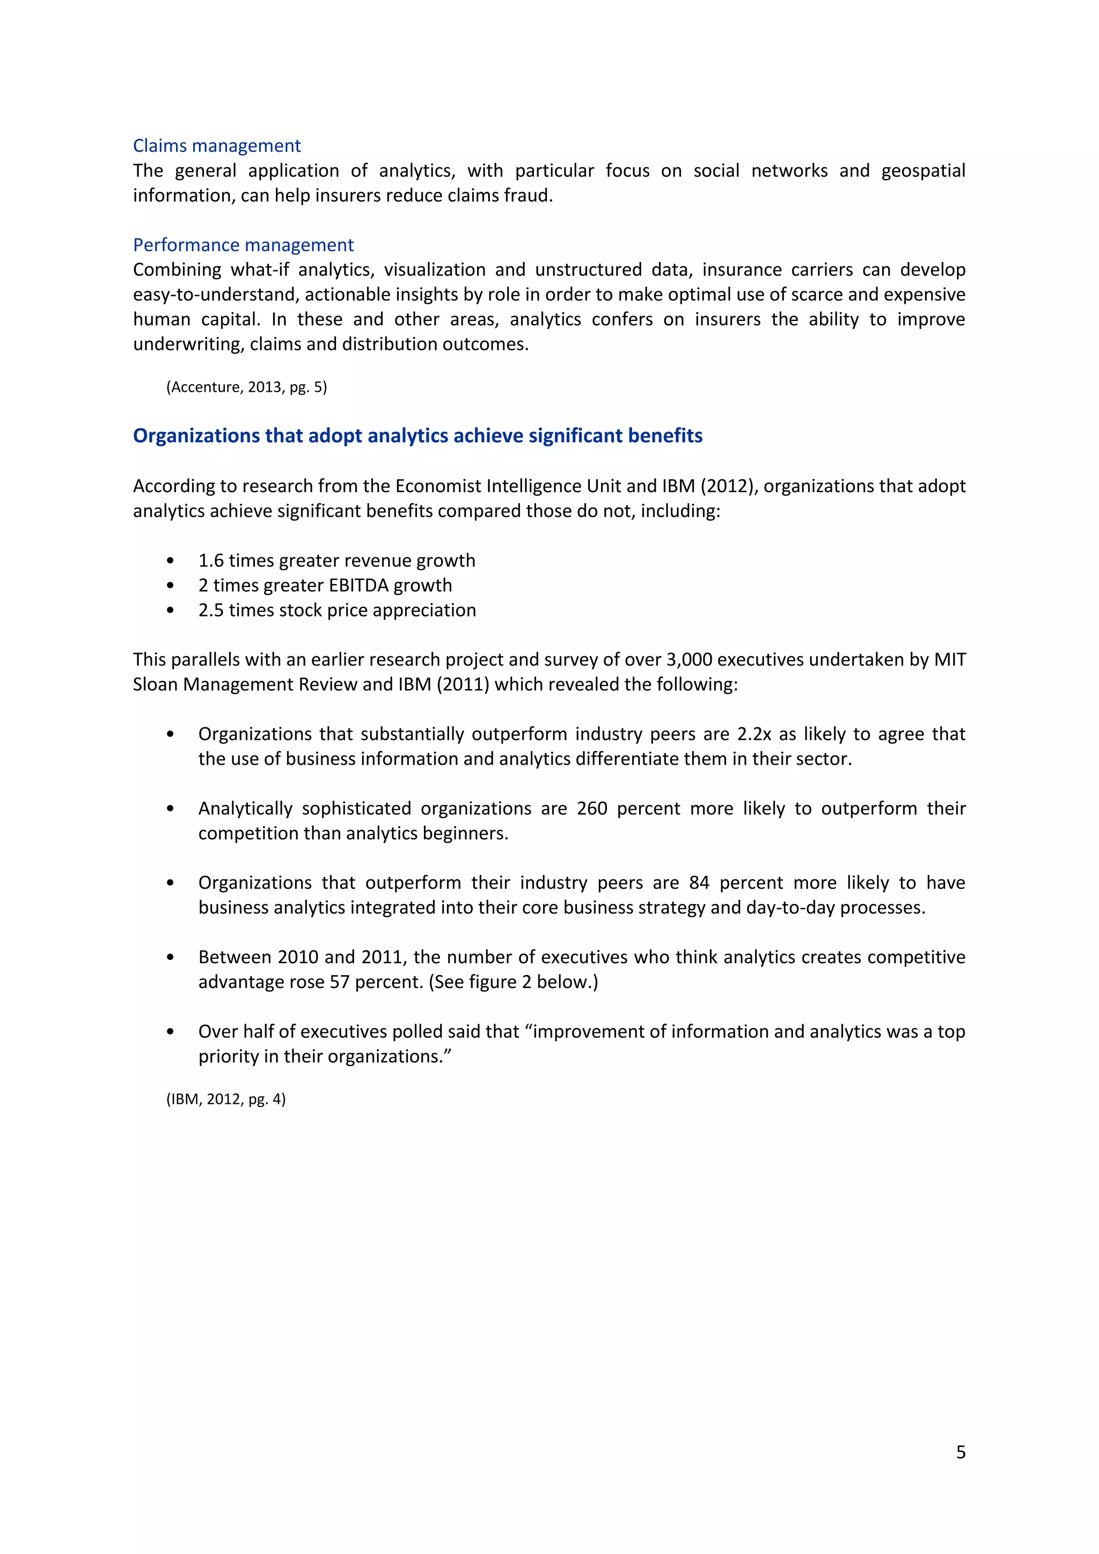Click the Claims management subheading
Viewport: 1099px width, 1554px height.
point(217,145)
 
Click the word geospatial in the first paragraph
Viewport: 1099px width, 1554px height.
point(922,171)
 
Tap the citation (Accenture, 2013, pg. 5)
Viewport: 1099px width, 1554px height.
point(246,386)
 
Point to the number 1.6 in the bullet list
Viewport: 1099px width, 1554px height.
point(210,560)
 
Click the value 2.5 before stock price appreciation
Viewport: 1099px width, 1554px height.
point(210,610)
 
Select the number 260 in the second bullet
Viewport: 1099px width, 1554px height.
point(591,808)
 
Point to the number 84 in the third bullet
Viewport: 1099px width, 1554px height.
point(699,883)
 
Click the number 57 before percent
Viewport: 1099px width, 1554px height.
point(339,981)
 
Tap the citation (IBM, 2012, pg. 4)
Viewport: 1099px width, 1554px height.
point(226,1098)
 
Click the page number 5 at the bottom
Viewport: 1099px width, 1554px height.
point(960,1452)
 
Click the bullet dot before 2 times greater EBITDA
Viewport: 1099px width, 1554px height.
point(170,585)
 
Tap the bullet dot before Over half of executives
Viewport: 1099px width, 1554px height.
point(170,1032)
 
